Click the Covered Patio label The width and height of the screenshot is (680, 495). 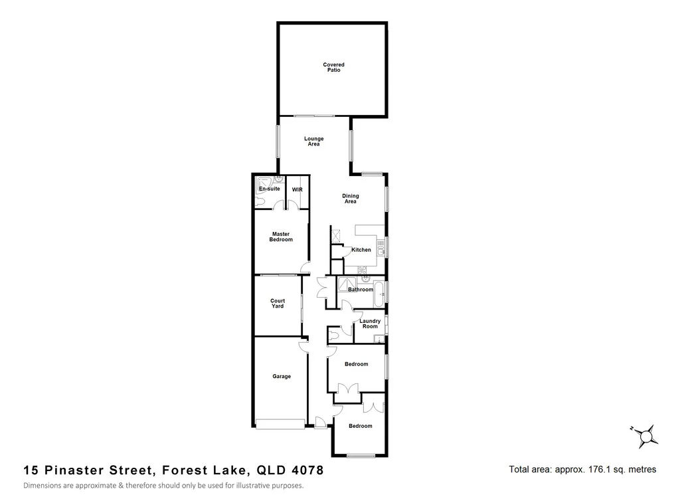[333, 67]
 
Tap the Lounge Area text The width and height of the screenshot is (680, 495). [313, 142]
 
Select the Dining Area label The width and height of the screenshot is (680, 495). [350, 198]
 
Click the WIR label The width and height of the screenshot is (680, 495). [297, 189]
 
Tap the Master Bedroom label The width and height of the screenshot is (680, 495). [281, 237]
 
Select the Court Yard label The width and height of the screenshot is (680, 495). [278, 304]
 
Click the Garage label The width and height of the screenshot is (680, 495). [282, 377]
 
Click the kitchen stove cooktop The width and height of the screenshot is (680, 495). [361, 270]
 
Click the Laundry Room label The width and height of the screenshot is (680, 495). [369, 324]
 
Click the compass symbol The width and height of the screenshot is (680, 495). [645, 436]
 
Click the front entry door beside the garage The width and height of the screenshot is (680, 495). [320, 421]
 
